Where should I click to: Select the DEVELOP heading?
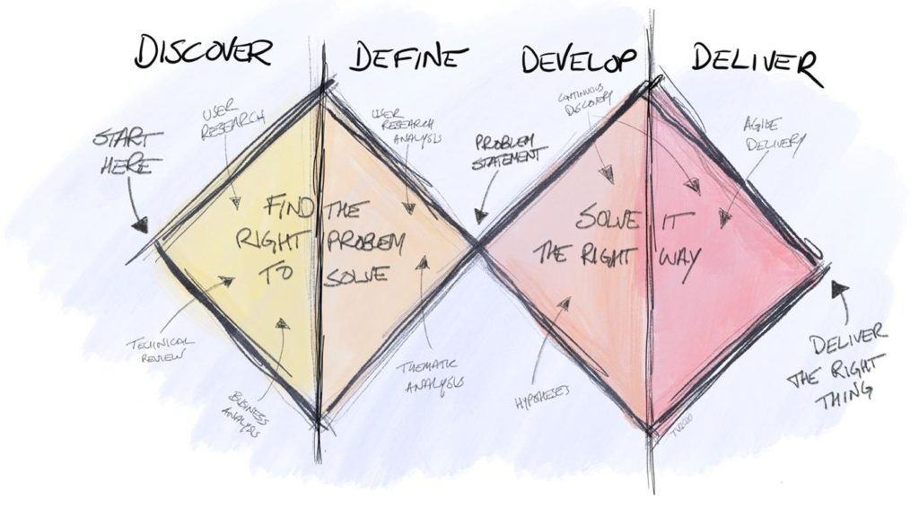[579, 59]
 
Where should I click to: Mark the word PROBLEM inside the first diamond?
[367, 241]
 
